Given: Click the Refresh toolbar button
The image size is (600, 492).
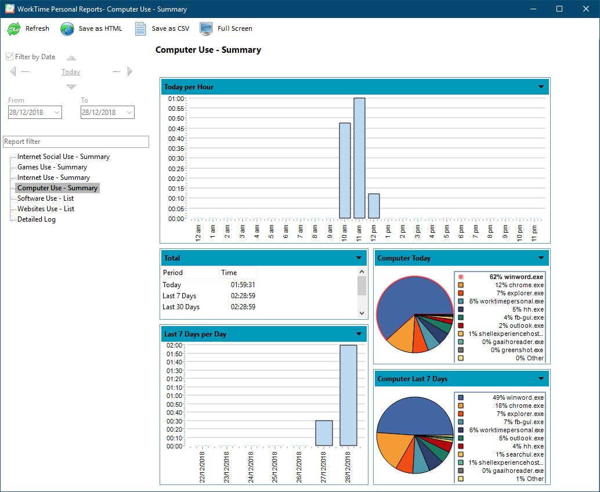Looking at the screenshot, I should coord(28,28).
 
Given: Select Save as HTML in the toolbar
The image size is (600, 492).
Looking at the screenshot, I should coord(92,28).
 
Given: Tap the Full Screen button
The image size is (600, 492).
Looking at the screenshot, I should coord(226,28).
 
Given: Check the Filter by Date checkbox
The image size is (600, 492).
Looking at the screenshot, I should coord(10,57).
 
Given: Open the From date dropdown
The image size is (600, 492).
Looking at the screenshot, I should coord(57,113).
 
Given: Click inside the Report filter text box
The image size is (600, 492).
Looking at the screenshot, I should coord(76,142).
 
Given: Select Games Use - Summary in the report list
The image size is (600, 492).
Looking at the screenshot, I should coord(52,167).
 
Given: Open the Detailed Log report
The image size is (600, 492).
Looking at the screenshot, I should coord(37,219).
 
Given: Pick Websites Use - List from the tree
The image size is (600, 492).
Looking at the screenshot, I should coord(46,209).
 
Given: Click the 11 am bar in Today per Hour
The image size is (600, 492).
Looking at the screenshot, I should coord(359,158).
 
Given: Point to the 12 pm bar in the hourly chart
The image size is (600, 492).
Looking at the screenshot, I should coord(374,206).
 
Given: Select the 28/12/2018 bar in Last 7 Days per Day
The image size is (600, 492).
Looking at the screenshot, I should coord(348,395).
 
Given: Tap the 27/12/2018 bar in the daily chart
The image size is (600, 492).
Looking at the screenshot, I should coord(324,433).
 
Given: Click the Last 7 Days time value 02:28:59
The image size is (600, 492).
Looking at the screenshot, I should coord(243,296).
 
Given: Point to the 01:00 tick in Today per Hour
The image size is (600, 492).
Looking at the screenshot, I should coord(176,99).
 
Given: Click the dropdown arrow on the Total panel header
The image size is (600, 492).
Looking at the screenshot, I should coord(359,258).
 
